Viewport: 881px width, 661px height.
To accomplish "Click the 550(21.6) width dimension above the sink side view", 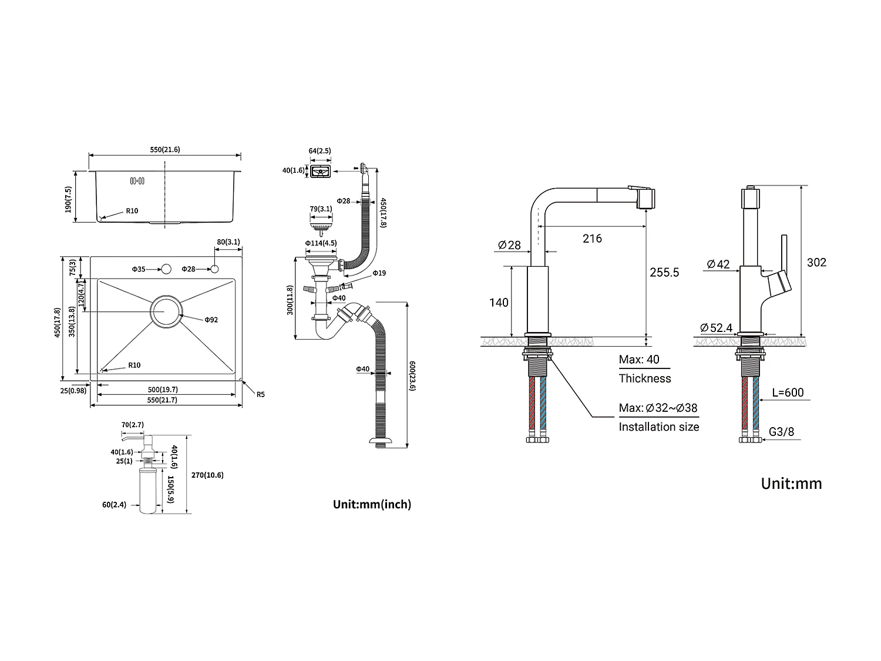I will click(164, 150).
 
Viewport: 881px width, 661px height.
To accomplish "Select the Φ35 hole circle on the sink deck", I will click(166, 269).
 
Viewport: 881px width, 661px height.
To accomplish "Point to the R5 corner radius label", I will click(260, 394).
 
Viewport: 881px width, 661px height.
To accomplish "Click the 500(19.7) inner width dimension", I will click(163, 390).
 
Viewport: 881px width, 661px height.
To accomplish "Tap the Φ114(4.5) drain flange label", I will click(321, 243).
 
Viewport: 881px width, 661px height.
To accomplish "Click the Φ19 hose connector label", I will click(379, 274).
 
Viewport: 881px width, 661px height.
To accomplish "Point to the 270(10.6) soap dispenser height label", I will click(207, 475).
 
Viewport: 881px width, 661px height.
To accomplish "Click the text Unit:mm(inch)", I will click(372, 504).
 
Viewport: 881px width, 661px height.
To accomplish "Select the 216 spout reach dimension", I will click(592, 239).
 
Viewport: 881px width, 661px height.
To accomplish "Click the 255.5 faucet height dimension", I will click(664, 273).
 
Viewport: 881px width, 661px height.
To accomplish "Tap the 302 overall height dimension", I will click(816, 263).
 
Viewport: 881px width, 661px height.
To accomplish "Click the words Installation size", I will click(658, 427).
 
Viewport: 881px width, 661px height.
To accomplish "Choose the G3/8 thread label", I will click(781, 432).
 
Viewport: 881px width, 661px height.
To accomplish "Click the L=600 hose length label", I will click(788, 392).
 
